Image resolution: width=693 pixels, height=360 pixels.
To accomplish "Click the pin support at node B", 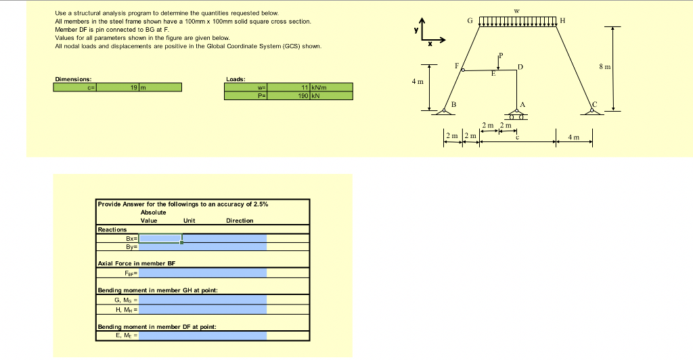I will click(x=445, y=109).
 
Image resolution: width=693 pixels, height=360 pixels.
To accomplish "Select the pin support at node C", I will click(x=593, y=109).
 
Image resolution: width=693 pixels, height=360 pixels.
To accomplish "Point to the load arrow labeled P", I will click(x=499, y=62).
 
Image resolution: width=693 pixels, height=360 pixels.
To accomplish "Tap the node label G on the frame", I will click(x=471, y=21).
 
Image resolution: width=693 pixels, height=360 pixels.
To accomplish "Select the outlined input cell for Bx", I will click(x=160, y=238).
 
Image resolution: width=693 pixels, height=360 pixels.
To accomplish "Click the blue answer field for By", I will click(x=203, y=247).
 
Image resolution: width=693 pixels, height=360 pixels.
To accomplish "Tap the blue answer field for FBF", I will click(x=203, y=273).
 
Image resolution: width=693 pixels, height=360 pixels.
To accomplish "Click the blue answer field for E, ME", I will click(x=203, y=335).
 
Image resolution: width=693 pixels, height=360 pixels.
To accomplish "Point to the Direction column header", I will click(x=240, y=221).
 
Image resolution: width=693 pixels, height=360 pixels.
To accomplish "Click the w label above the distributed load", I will click(x=518, y=10).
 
